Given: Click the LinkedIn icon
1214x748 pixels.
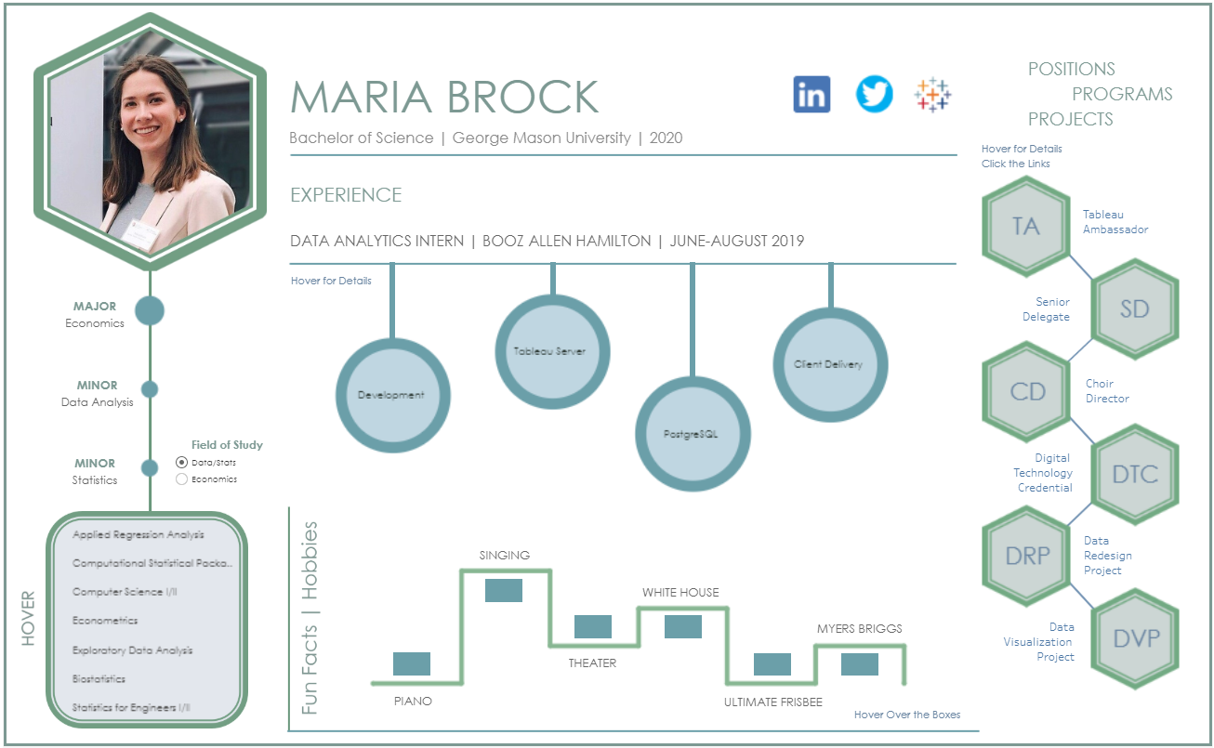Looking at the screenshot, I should [812, 95].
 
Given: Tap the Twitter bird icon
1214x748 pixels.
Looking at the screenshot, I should [874, 95].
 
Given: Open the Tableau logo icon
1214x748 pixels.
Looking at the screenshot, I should [932, 95].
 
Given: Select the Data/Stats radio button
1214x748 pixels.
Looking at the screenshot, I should [182, 462].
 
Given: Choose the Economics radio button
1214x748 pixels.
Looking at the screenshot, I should [182, 479].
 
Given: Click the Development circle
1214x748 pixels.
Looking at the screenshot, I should [391, 395].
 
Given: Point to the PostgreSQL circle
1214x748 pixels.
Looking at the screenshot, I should [692, 434].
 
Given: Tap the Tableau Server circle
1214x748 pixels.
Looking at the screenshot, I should [551, 352].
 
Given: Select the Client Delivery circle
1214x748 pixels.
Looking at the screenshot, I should [828, 364].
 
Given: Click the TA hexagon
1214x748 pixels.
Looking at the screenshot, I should [1026, 227].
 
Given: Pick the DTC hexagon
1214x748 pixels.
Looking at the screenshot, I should [1135, 474].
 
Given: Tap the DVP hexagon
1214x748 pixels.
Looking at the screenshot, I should [1135, 638].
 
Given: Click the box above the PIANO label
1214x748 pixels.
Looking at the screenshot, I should [412, 663].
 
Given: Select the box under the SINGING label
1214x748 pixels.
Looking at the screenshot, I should [504, 590].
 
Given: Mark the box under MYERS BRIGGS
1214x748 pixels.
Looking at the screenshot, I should [860, 663].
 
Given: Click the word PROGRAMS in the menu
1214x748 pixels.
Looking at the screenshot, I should [1122, 94].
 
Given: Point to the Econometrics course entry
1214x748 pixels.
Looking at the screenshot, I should [105, 621].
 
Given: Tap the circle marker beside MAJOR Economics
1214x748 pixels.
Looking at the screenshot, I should [150, 310].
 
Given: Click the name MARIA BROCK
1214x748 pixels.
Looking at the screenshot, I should [444, 98].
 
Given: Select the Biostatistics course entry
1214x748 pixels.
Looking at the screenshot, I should [99, 679].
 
